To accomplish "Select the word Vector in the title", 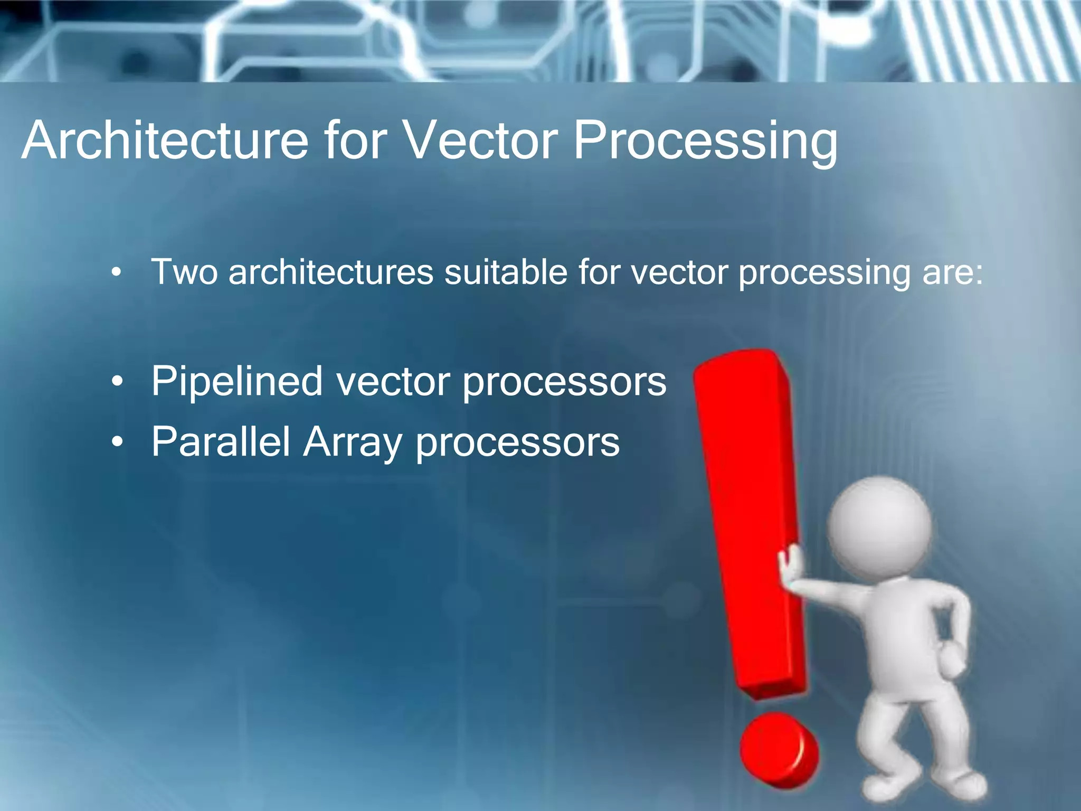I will point(480,140).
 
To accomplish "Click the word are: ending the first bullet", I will point(952,273).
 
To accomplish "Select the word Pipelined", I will point(236,381).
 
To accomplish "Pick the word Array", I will point(352,442).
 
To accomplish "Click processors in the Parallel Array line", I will point(517,442).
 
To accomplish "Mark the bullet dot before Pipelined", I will point(117,381).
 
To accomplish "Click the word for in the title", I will point(355,140).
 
